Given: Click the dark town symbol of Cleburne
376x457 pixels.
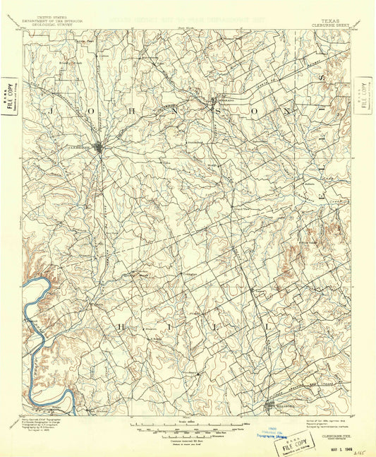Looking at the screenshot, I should coord(100,148).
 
